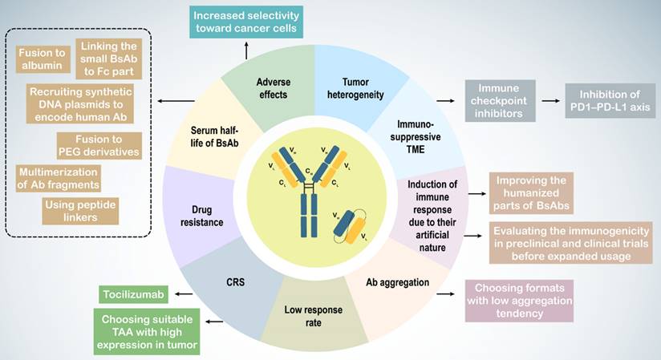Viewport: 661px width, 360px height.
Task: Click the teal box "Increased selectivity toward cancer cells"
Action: (x=246, y=22)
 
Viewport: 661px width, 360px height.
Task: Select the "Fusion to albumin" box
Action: (x=43, y=59)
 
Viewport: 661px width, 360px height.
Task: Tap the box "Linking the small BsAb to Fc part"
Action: (x=109, y=59)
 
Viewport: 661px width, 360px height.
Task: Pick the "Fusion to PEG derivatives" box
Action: (x=99, y=145)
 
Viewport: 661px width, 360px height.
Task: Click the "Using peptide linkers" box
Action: (x=80, y=211)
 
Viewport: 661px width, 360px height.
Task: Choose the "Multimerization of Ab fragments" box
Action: (x=59, y=178)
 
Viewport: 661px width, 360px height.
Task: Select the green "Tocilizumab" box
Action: (x=134, y=294)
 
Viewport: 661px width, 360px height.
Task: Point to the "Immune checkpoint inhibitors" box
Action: (x=500, y=101)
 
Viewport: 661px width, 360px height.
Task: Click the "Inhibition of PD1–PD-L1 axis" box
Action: (x=610, y=101)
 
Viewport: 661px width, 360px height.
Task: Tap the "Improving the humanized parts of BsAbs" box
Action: (x=531, y=193)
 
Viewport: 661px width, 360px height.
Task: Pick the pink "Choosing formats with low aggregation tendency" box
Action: (x=519, y=301)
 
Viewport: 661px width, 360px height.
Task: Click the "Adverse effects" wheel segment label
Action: (x=274, y=88)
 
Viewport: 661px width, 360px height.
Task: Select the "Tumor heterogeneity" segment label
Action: (x=355, y=88)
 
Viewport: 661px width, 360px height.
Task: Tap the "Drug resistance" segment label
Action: (x=202, y=216)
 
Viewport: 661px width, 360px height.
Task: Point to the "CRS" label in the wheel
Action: (x=235, y=282)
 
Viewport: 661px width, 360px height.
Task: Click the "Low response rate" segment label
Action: (x=313, y=316)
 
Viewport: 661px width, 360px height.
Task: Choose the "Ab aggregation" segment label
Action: (x=398, y=282)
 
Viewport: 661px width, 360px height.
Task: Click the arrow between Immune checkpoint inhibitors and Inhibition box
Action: (x=550, y=101)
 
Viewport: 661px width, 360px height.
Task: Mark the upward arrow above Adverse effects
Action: (x=246, y=51)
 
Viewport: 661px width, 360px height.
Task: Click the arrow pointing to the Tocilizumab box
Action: (x=185, y=294)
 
